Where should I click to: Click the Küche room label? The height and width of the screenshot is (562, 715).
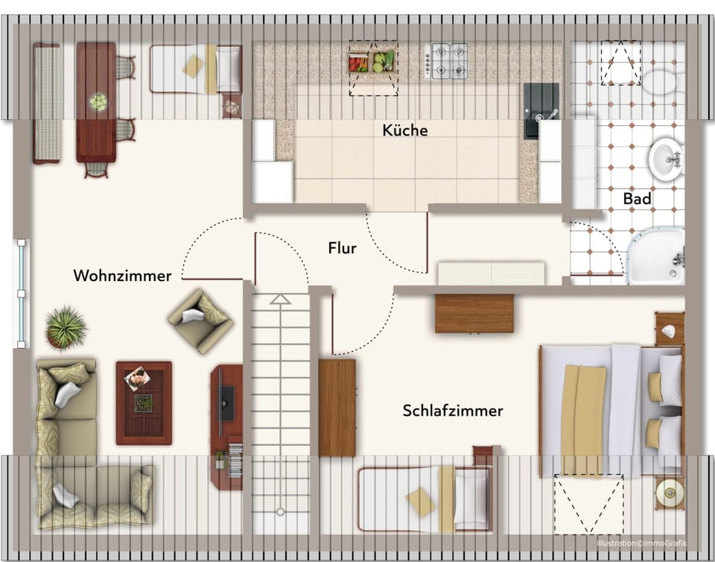pos(405,130)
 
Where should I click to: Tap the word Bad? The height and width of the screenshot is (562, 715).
pos(638,199)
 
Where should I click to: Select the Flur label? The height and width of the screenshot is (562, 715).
pos(342,248)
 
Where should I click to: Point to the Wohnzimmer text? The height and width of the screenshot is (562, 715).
pos(122,276)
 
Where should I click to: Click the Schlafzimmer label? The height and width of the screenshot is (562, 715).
pos(453,411)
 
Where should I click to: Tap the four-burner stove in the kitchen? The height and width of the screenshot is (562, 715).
pos(447,60)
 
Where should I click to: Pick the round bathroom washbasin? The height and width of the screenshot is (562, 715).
pos(664,158)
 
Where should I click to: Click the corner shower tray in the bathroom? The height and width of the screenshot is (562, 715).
pos(655,256)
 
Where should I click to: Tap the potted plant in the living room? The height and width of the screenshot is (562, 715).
pos(66,326)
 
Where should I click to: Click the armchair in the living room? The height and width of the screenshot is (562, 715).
pos(200,320)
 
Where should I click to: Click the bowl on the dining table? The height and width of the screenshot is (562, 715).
pos(98,101)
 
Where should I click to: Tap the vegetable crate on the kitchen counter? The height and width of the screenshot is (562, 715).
pos(372,61)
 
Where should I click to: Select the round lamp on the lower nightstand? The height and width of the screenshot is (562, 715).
pos(669,492)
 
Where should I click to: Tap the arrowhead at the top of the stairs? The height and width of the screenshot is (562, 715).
pos(280,299)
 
